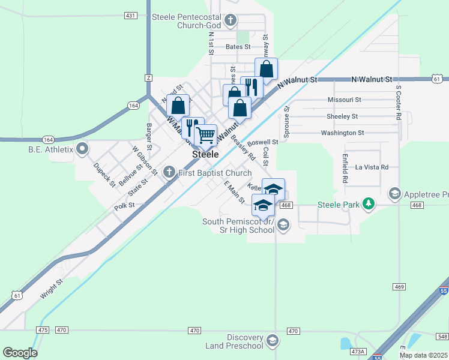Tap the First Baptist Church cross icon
click(169, 173)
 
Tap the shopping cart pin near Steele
click(206, 135)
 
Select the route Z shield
click(148, 78)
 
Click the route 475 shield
click(42, 330)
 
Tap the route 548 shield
click(442, 336)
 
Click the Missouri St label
click(344, 100)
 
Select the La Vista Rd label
click(372, 167)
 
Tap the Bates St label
click(238, 46)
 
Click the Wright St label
click(51, 289)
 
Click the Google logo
click(20, 353)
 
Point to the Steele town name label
click(205, 154)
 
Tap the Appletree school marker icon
click(395, 193)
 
